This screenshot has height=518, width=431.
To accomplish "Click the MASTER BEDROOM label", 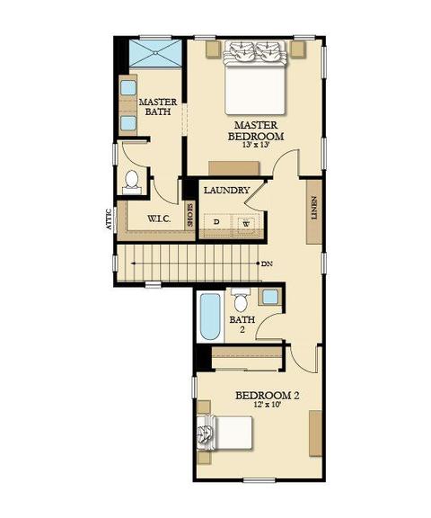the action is coord(256,130).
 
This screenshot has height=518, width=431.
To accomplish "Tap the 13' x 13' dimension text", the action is coord(256,145).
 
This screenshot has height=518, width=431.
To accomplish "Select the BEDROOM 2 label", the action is coord(267,396).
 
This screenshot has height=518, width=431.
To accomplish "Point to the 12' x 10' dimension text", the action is coord(267,405).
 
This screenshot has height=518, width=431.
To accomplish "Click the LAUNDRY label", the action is coord(227,191).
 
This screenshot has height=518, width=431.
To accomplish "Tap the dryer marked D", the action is coord(216,221).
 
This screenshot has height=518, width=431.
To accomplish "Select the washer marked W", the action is coord(247,223).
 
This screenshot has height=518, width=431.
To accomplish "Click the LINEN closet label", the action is coord(314,208).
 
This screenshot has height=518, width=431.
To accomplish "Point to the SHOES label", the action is coord(190,216).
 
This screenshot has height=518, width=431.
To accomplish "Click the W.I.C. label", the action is coord(159,219).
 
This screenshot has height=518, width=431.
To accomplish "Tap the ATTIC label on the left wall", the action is coord(108,219).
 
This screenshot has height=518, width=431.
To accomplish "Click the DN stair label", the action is coord(267,263).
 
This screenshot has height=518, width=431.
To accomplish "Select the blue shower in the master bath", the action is coord(155,53).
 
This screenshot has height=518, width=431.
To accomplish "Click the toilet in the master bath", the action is coord(132,182).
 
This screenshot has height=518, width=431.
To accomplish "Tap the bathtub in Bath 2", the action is coord(210,317).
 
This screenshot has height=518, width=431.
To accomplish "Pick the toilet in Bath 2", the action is coord(241,300).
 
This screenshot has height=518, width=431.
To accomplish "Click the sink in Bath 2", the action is coord(271,297).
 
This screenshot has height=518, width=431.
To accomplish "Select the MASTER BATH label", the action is coord(158,107).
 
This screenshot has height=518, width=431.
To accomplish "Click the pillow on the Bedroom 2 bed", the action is coord(207,433).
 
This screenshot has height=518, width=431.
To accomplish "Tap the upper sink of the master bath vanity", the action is coord(128,88).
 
